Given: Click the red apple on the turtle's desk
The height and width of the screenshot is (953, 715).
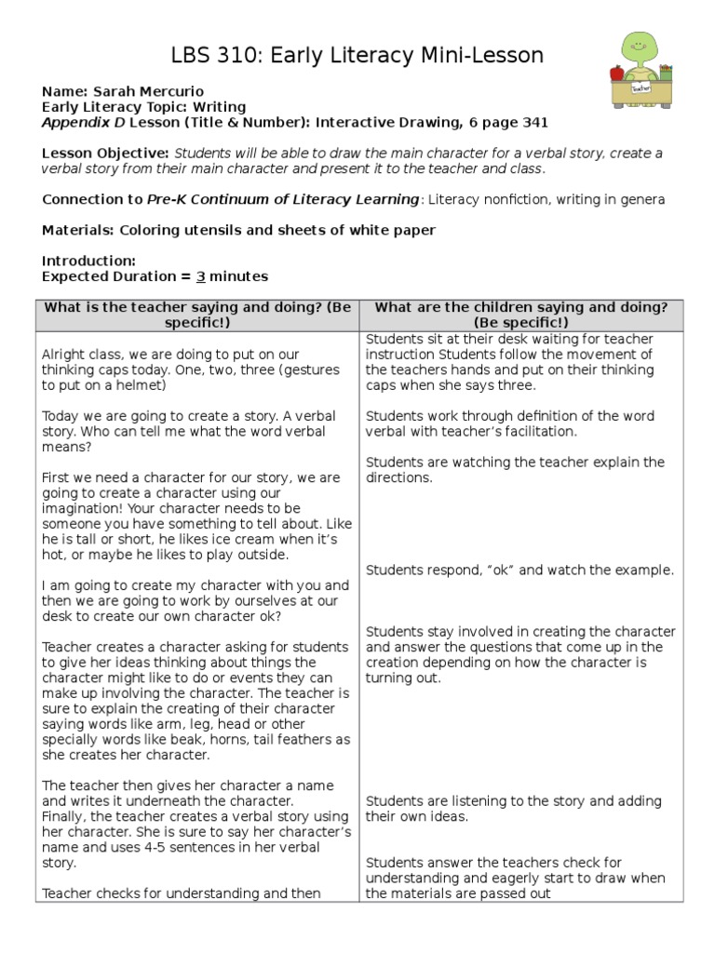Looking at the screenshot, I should pyautogui.click(x=616, y=72).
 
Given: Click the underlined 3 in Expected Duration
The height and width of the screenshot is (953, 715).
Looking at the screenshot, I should pyautogui.click(x=199, y=276).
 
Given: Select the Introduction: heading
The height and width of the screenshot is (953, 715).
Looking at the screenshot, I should pyautogui.click(x=88, y=262).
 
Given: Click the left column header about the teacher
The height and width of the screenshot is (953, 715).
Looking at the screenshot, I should pyautogui.click(x=197, y=315).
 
